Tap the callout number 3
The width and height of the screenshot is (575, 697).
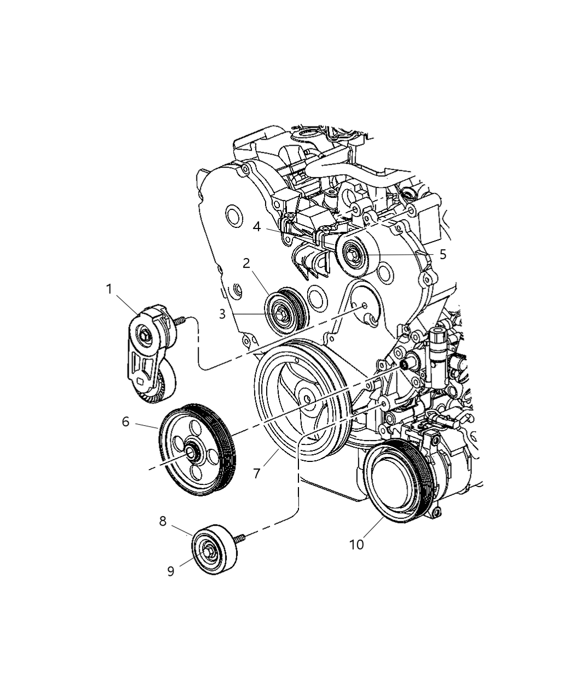[222, 313]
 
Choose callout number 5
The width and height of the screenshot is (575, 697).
[442, 254]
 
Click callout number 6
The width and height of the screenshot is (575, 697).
[126, 421]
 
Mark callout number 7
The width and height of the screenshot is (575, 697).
[257, 473]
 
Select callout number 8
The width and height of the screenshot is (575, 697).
[163, 521]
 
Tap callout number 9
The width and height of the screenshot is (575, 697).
[171, 571]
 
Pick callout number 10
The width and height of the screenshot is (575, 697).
[356, 545]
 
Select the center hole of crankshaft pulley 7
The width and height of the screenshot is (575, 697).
[307, 399]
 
